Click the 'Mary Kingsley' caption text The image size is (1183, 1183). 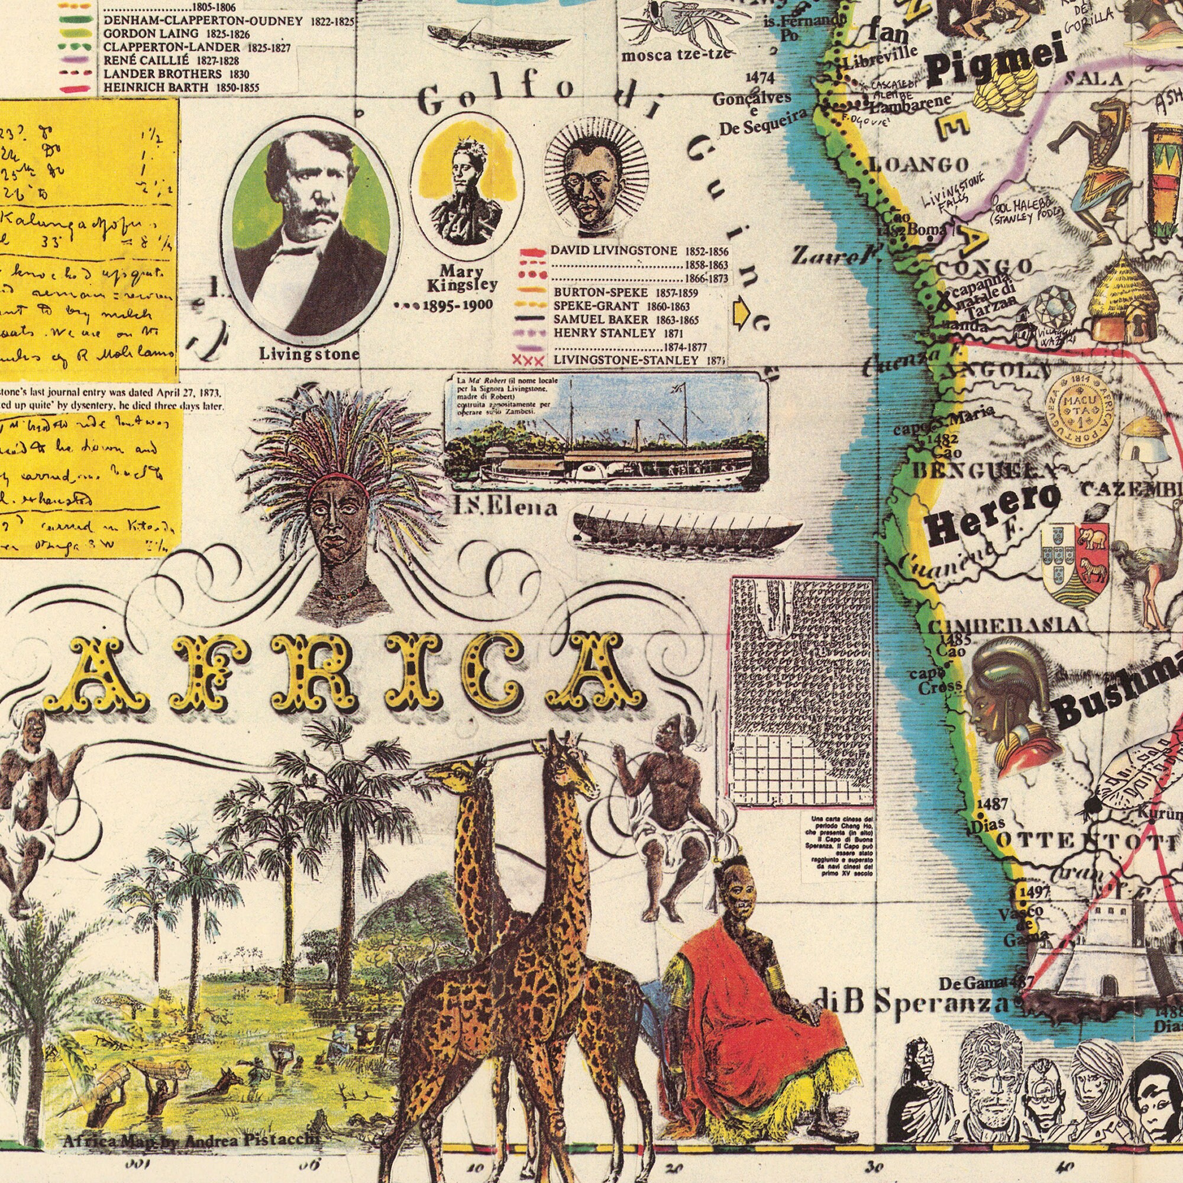pyautogui.click(x=463, y=278)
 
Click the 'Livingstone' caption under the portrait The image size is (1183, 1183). pyautogui.click(x=309, y=354)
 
